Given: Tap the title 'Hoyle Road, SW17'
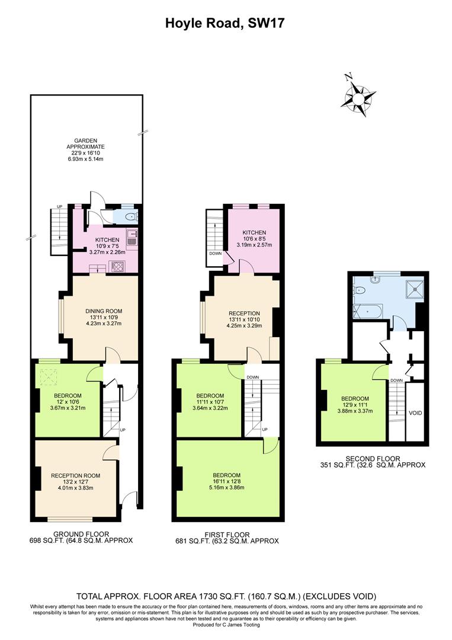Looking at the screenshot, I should [226, 23].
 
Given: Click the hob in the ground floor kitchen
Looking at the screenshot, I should [116, 266].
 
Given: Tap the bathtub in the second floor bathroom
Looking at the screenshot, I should [368, 311].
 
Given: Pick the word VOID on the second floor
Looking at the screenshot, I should [415, 412].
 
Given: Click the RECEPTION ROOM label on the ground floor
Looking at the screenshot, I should [75, 475].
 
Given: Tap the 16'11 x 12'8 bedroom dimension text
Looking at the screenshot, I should [228, 481].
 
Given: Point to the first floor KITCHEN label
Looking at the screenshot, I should [254, 232].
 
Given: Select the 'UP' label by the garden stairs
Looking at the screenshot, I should [59, 206].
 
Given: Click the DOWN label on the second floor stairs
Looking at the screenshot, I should [396, 380].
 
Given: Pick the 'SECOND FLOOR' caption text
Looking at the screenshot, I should [373, 458].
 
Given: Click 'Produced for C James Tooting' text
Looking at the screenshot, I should [226, 625].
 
